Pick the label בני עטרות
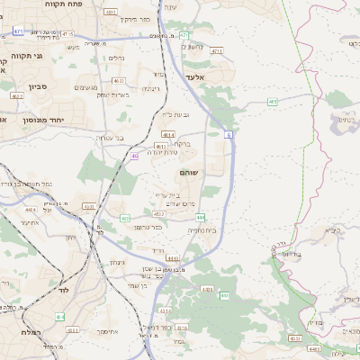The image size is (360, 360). click(x=109, y=138)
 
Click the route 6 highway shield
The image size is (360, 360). click(x=229, y=135)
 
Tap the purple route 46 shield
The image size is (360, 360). click(x=134, y=157)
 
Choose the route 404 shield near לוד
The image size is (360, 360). click(x=59, y=317)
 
